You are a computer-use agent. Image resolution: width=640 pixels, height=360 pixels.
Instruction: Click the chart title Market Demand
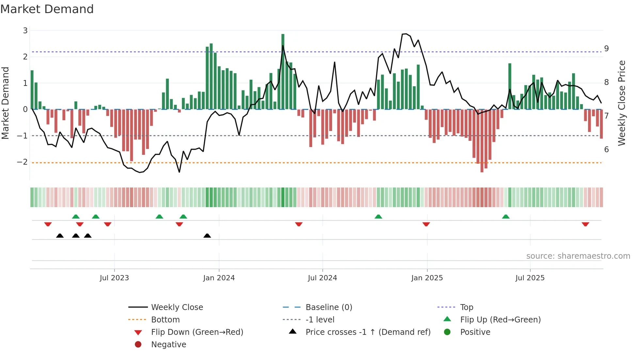47,9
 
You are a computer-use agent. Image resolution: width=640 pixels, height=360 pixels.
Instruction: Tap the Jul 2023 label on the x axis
114,278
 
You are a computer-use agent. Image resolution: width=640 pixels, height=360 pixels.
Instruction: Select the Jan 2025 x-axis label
427,278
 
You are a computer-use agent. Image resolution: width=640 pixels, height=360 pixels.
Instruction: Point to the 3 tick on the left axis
25,31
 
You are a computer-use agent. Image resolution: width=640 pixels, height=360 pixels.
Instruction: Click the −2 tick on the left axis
23,162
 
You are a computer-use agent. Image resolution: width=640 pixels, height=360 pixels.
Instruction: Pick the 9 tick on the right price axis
606,49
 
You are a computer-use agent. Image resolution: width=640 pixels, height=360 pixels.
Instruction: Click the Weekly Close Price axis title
622,103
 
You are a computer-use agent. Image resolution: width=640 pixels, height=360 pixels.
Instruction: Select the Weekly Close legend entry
177,307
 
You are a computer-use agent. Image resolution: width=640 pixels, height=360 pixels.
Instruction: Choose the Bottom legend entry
165,320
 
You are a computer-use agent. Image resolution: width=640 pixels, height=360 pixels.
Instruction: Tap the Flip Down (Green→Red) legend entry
197,332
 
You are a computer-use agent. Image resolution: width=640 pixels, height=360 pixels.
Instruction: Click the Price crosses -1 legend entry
368,332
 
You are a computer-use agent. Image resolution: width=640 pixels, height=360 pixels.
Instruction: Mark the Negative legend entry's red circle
138,345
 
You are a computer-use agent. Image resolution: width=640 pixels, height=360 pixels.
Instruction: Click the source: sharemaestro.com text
578,256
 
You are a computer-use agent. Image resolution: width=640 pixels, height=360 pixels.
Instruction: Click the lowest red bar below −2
482,140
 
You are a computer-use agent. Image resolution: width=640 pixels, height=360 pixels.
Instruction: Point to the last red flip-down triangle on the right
585,224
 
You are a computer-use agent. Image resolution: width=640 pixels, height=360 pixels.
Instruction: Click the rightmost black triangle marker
207,236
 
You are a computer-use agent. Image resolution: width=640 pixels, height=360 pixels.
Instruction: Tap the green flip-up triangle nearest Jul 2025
505,217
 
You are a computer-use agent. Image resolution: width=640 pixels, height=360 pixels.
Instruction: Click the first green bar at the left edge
32,90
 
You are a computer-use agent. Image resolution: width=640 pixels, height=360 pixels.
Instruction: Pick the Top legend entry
466,307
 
